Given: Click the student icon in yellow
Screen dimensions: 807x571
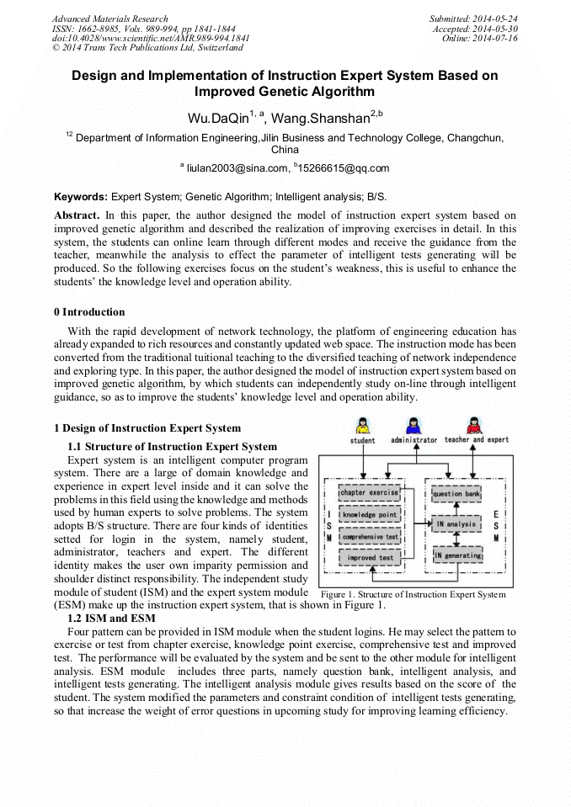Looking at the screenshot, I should tap(362, 425).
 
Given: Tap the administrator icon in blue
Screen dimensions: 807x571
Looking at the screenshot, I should tap(414, 425).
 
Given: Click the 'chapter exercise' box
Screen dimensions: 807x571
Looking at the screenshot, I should tap(369, 493).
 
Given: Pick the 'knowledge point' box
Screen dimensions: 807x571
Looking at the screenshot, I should tap(369, 514).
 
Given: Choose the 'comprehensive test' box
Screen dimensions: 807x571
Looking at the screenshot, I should tap(369, 536).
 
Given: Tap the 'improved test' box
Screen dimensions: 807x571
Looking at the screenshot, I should tap(369, 557).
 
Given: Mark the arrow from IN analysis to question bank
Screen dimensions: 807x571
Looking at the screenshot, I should tap(457, 509).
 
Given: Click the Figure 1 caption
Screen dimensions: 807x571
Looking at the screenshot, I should tap(413, 594).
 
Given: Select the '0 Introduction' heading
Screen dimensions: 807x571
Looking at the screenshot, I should tap(88, 312).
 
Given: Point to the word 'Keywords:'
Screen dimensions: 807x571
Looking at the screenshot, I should tap(81, 196).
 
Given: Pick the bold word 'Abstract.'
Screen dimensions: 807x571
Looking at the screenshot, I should tap(77, 215).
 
